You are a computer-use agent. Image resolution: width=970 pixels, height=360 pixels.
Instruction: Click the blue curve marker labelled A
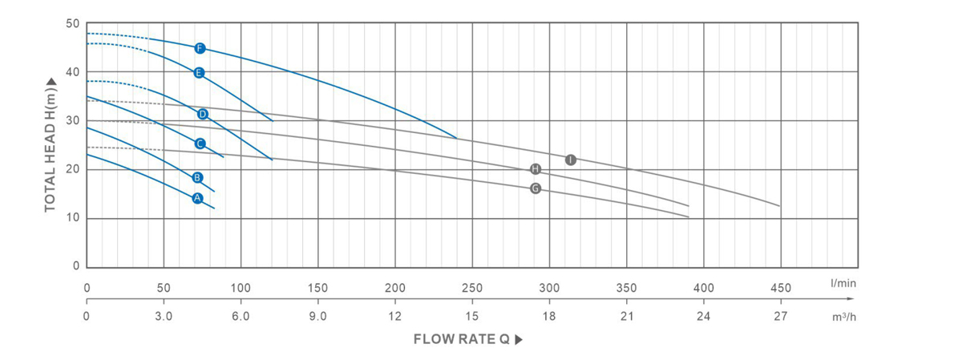tap(197, 198)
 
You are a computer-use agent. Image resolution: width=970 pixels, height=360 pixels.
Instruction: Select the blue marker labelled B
tap(197, 177)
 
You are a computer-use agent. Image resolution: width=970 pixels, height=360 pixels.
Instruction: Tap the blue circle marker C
tap(200, 144)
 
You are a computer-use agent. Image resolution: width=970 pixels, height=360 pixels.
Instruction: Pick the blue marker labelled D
tap(203, 114)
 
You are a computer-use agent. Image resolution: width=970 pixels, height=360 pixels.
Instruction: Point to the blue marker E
tap(199, 73)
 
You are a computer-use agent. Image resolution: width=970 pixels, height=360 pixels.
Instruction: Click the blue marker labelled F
tap(200, 48)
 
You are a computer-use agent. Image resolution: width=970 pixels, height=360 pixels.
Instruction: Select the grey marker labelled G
tap(536, 188)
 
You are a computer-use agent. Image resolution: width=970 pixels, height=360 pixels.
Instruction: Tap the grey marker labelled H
tap(536, 168)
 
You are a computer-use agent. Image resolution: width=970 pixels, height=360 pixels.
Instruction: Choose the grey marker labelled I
tap(570, 160)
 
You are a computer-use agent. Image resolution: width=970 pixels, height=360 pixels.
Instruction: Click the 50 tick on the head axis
tap(73, 23)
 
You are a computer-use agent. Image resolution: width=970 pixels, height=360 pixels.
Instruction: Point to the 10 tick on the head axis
tap(73, 218)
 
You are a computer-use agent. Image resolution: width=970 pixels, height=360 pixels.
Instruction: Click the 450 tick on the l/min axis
tap(780, 288)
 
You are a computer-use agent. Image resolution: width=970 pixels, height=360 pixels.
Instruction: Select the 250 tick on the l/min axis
tap(471, 288)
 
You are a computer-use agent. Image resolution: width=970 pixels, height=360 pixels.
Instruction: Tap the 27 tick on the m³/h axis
tap(780, 316)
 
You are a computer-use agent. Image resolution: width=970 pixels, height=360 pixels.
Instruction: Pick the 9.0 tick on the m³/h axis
tap(317, 316)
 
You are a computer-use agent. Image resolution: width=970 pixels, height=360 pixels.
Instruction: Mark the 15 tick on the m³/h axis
tap(471, 316)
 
